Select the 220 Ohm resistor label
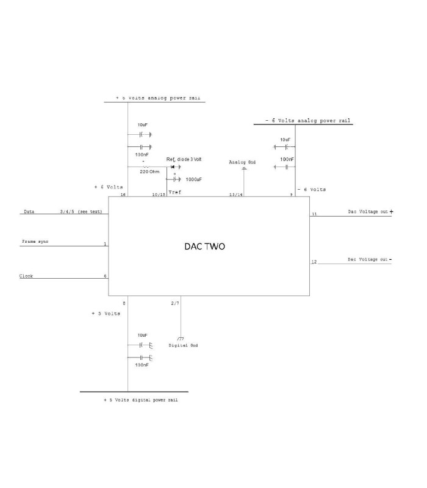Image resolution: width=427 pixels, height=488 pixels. pyautogui.click(x=150, y=172)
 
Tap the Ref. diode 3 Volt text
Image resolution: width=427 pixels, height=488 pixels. pyautogui.click(x=184, y=159)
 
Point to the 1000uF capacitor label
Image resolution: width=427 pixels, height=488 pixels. pyautogui.click(x=194, y=179)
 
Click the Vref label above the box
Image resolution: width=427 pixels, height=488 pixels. pyautogui.click(x=174, y=192)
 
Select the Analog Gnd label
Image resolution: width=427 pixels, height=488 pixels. pyautogui.click(x=243, y=162)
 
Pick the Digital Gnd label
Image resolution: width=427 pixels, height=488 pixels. pyautogui.click(x=184, y=345)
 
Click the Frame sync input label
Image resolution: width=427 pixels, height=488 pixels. pyautogui.click(x=35, y=242)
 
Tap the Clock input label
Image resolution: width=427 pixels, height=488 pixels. pyautogui.click(x=26, y=276)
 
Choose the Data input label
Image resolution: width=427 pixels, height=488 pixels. pyautogui.click(x=29, y=212)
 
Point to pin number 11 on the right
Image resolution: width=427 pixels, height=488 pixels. pyautogui.click(x=314, y=215)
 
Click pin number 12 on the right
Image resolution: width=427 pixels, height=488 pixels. pyautogui.click(x=314, y=262)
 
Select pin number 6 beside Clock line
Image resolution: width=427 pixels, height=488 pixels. pyautogui.click(x=105, y=276)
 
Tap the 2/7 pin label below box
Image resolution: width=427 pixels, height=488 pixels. pyautogui.click(x=175, y=303)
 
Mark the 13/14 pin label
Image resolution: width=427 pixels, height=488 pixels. pyautogui.click(x=236, y=195)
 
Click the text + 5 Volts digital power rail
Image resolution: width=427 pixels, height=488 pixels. pyautogui.click(x=141, y=400)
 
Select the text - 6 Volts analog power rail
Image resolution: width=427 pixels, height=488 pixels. pyautogui.click(x=307, y=121)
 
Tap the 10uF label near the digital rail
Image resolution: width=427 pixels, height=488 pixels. pyautogui.click(x=142, y=335)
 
